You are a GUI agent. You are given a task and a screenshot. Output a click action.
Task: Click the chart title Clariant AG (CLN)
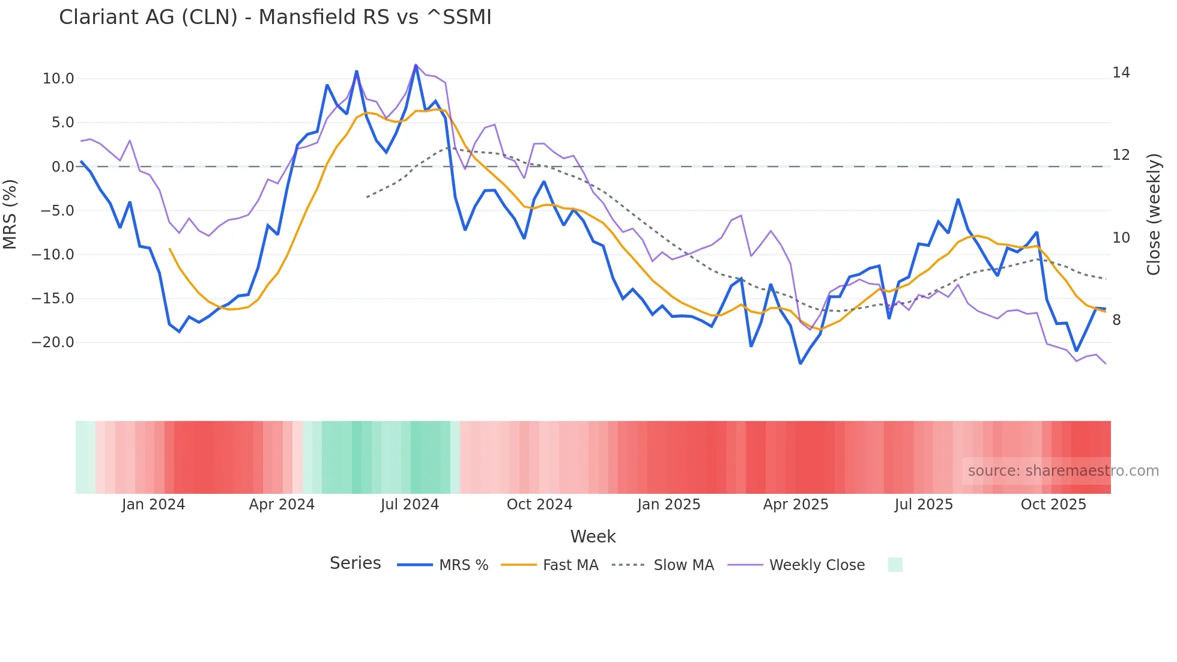[275, 17]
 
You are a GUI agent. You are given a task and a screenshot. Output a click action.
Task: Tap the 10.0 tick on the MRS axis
[58, 79]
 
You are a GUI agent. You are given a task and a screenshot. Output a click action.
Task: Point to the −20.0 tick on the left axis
[53, 342]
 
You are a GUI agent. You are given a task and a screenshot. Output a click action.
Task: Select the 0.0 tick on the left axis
[62, 167]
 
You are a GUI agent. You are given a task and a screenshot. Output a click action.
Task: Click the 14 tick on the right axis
[1121, 73]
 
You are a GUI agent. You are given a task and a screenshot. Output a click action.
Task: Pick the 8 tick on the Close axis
[1116, 320]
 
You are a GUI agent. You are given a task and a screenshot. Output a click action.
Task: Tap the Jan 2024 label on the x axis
[153, 505]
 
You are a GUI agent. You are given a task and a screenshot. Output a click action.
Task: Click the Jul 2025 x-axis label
[924, 505]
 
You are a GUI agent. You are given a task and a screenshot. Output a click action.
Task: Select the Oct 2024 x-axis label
[539, 505]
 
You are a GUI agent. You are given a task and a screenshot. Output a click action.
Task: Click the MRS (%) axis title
[10, 214]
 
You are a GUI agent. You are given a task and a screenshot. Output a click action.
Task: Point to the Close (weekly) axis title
[1154, 214]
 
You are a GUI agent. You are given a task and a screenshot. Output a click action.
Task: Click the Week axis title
[593, 536]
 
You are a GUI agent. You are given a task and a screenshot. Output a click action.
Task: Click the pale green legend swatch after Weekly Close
[895, 565]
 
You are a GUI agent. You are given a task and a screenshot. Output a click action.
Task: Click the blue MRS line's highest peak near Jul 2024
[416, 65]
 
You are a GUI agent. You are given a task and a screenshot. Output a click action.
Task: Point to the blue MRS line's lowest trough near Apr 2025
[800, 363]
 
